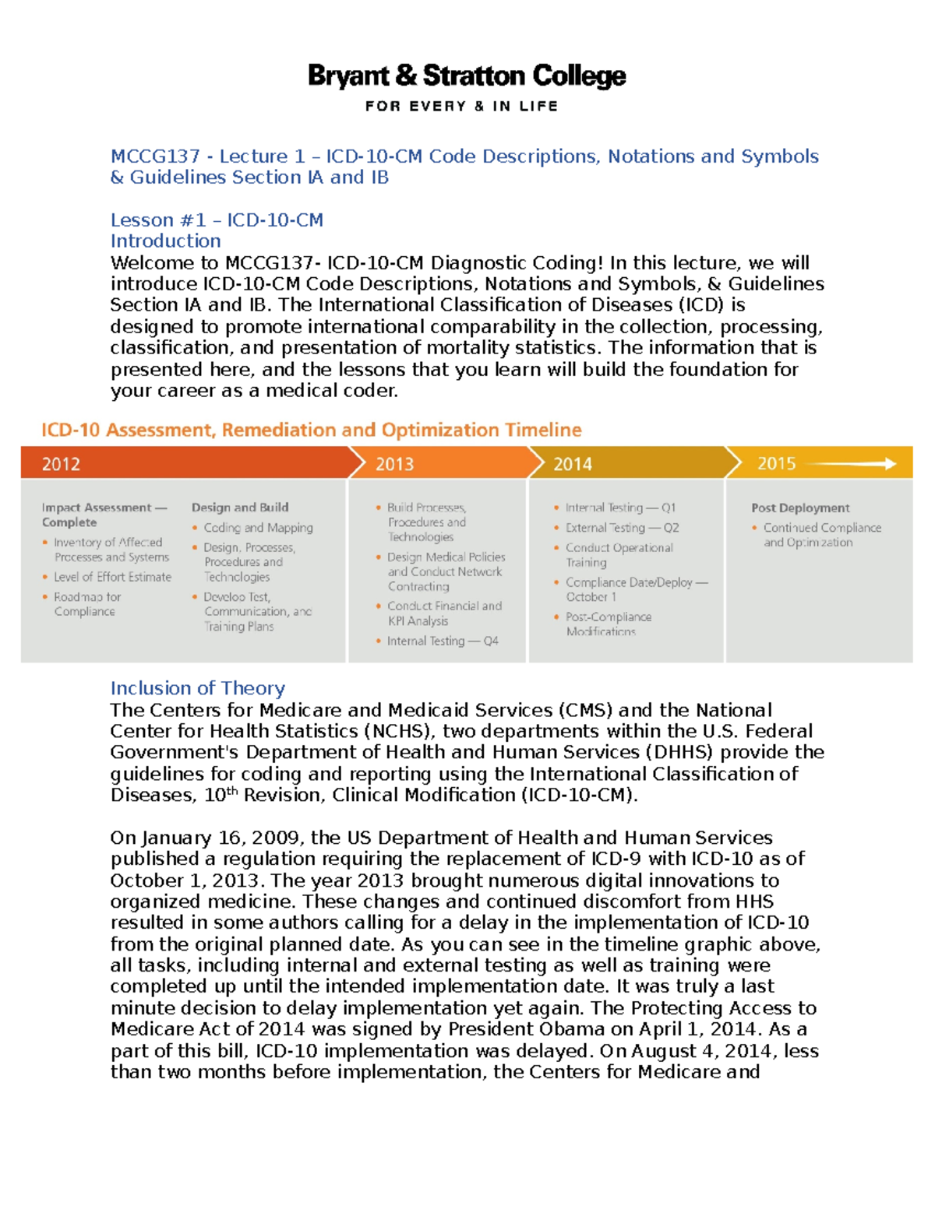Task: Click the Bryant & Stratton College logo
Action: (467, 76)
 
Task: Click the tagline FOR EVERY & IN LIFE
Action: (461, 106)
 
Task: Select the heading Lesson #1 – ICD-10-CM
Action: (217, 220)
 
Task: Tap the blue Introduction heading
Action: (165, 241)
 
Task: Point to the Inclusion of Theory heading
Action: (197, 688)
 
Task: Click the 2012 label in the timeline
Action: (61, 464)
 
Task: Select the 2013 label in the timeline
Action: (394, 464)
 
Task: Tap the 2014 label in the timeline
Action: (572, 464)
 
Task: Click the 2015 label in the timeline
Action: (776, 464)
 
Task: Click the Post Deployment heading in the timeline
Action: (800, 508)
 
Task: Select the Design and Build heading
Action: (240, 508)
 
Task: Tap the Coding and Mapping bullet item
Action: (258, 528)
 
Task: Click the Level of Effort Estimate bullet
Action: (112, 577)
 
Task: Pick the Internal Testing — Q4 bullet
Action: (442, 641)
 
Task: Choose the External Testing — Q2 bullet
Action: (622, 528)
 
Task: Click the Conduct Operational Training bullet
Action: (619, 555)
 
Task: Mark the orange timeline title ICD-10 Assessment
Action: (311, 430)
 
